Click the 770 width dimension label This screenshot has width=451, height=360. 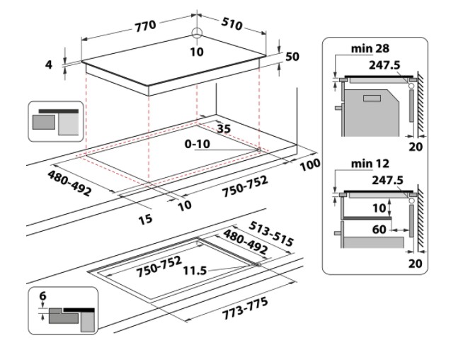pyautogui.click(x=146, y=26)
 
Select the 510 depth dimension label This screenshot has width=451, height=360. pyautogui.click(x=232, y=24)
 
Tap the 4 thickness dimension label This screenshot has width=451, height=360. pyautogui.click(x=49, y=64)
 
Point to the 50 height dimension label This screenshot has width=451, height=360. pyautogui.click(x=292, y=57)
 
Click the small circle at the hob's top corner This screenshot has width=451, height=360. pyautogui.click(x=197, y=33)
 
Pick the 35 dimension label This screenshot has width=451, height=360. pyautogui.click(x=224, y=128)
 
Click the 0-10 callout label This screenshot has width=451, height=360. pyautogui.click(x=198, y=144)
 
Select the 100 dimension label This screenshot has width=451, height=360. pyautogui.click(x=310, y=164)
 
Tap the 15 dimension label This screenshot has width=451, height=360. pyautogui.click(x=145, y=220)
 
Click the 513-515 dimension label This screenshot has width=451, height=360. pyautogui.click(x=270, y=234)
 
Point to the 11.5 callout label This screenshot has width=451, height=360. pyautogui.click(x=195, y=271)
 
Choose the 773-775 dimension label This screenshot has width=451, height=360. pyautogui.click(x=245, y=308)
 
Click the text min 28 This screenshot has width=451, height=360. pyautogui.click(x=370, y=48)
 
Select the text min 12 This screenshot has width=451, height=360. pyautogui.click(x=370, y=164)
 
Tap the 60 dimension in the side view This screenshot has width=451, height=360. pyautogui.click(x=379, y=230)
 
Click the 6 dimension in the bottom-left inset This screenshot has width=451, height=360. pyautogui.click(x=42, y=296)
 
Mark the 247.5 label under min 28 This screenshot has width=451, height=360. pyautogui.click(x=384, y=65)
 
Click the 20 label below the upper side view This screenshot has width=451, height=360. pyautogui.click(x=416, y=147)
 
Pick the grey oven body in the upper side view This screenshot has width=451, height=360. pyautogui.click(x=371, y=113)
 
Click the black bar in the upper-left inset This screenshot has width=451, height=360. pyautogui.click(x=59, y=111)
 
